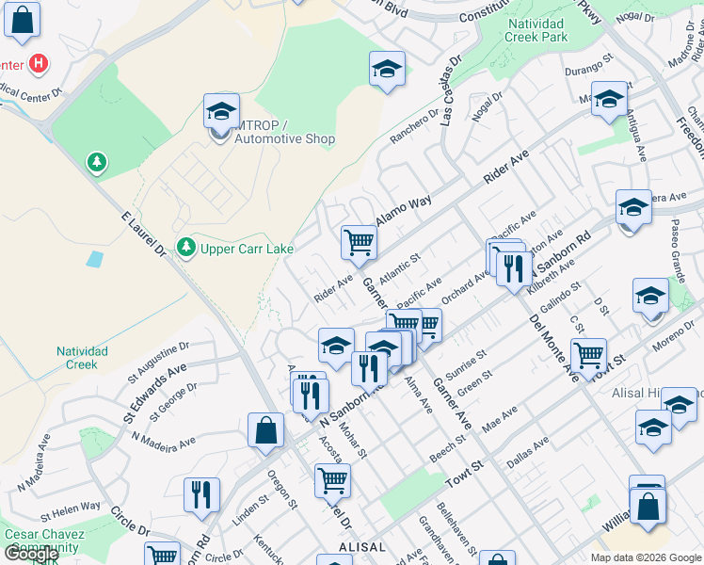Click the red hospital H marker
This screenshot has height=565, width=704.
(38, 64)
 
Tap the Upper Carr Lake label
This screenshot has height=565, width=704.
(248, 249)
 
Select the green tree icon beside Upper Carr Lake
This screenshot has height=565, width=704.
(186, 247)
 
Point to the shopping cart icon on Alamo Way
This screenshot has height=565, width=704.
(359, 241)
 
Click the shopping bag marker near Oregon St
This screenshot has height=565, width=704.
(266, 429)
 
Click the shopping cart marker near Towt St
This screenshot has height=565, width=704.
(588, 355)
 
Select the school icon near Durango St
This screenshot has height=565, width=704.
(609, 99)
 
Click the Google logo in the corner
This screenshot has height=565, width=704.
(31, 554)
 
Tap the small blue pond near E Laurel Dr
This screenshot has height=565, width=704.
(94, 258)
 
